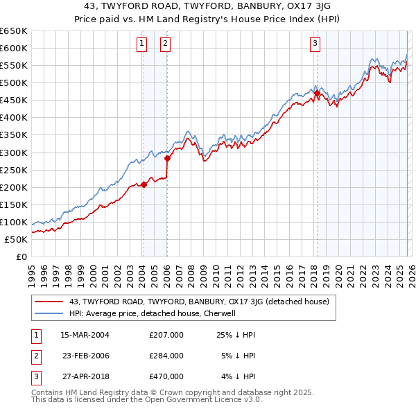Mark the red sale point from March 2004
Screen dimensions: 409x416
pos(144,184)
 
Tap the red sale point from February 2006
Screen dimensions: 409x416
pos(167,158)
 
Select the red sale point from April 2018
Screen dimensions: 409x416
pos(317,93)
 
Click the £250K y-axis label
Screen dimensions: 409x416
pos(14,170)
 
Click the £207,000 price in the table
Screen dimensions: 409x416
pos(166,335)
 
